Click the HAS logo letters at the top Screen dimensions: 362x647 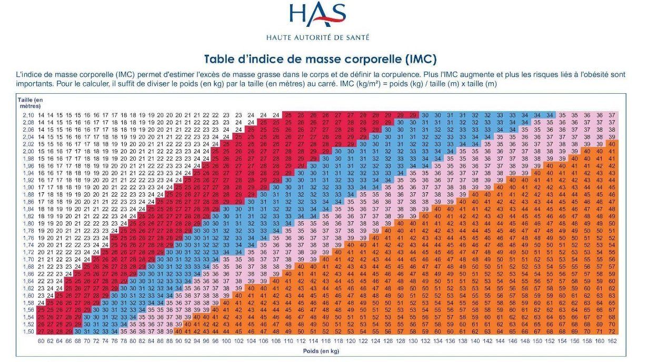point(317,16)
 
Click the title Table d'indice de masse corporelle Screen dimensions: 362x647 point(321,58)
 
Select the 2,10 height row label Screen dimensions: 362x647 point(28,115)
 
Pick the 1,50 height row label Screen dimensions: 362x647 point(28,331)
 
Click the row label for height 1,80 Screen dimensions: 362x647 point(28,223)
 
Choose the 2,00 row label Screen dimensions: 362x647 point(28,151)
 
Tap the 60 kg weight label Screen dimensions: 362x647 point(42,341)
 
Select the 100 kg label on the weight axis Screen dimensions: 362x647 point(226,341)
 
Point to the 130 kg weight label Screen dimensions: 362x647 point(413,341)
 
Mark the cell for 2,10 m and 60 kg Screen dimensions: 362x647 point(42,115)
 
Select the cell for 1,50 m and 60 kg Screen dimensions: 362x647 point(42,331)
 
